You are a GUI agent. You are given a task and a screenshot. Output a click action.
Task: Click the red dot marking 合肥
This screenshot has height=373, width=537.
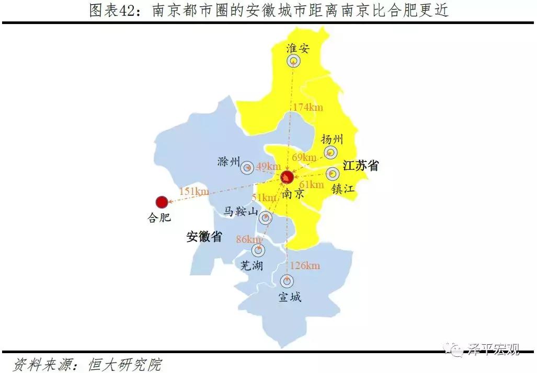point(162,202)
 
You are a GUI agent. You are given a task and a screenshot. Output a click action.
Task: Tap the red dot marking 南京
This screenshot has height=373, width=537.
point(287,177)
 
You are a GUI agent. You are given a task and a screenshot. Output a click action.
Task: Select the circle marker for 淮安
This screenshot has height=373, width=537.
point(294,61)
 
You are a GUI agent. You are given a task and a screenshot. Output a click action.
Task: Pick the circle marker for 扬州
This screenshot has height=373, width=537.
point(330,153)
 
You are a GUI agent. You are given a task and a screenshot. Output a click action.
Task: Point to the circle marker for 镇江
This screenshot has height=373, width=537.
point(333,174)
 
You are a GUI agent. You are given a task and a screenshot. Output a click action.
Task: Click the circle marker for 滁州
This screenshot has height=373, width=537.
point(247,168)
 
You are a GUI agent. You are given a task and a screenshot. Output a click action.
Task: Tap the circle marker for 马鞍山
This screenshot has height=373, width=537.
point(266,218)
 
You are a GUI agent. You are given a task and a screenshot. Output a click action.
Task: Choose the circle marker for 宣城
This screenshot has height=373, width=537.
point(287,281)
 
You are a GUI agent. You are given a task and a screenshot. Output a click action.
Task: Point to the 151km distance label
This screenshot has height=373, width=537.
point(194,191)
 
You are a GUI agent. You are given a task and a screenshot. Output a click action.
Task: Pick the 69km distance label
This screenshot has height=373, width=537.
point(304,157)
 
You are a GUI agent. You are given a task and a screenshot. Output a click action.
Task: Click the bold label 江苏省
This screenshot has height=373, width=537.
point(361,166)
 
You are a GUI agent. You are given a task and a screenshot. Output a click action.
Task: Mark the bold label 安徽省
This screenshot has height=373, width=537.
point(204,237)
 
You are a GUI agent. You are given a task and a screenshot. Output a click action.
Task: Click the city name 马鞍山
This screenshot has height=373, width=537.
point(241,212)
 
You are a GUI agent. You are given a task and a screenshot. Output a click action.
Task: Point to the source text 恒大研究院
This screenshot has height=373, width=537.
point(125,364)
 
